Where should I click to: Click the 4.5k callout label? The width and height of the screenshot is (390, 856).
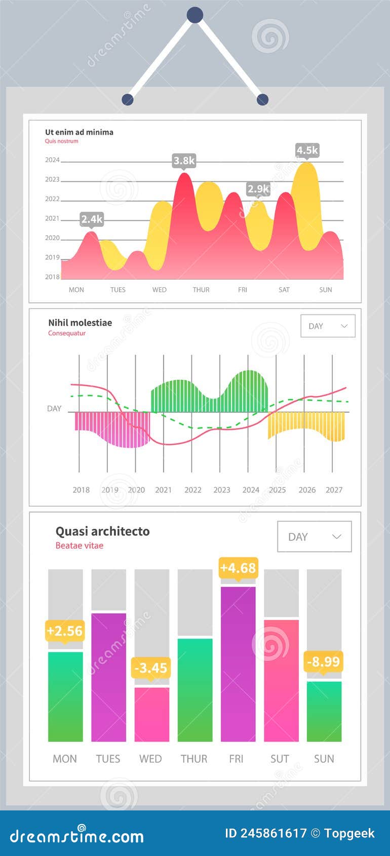[x=307, y=150]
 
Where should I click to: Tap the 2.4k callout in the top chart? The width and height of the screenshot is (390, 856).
[x=92, y=219]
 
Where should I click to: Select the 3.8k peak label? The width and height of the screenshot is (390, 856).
[x=184, y=161]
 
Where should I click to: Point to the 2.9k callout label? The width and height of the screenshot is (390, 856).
[x=258, y=189]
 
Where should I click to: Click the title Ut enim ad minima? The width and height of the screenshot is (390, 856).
[x=79, y=132]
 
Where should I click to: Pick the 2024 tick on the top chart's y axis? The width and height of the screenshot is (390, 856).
[x=52, y=160]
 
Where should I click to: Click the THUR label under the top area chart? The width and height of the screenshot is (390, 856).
[x=201, y=290]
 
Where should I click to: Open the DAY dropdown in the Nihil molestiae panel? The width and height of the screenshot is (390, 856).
[x=328, y=326]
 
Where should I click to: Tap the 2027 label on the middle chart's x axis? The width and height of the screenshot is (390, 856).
[x=334, y=490]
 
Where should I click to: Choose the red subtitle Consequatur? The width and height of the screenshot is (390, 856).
[x=67, y=333]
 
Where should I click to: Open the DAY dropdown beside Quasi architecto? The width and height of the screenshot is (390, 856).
[x=314, y=537]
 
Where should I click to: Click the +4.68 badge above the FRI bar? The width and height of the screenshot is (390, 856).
[x=238, y=568]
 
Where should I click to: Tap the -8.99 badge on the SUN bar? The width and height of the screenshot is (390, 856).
[x=324, y=662]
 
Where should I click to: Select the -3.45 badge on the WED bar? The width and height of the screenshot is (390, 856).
[x=151, y=668]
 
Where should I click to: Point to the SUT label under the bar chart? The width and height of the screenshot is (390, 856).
[x=280, y=759]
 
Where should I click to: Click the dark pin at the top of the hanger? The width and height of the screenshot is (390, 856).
[x=195, y=15]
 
